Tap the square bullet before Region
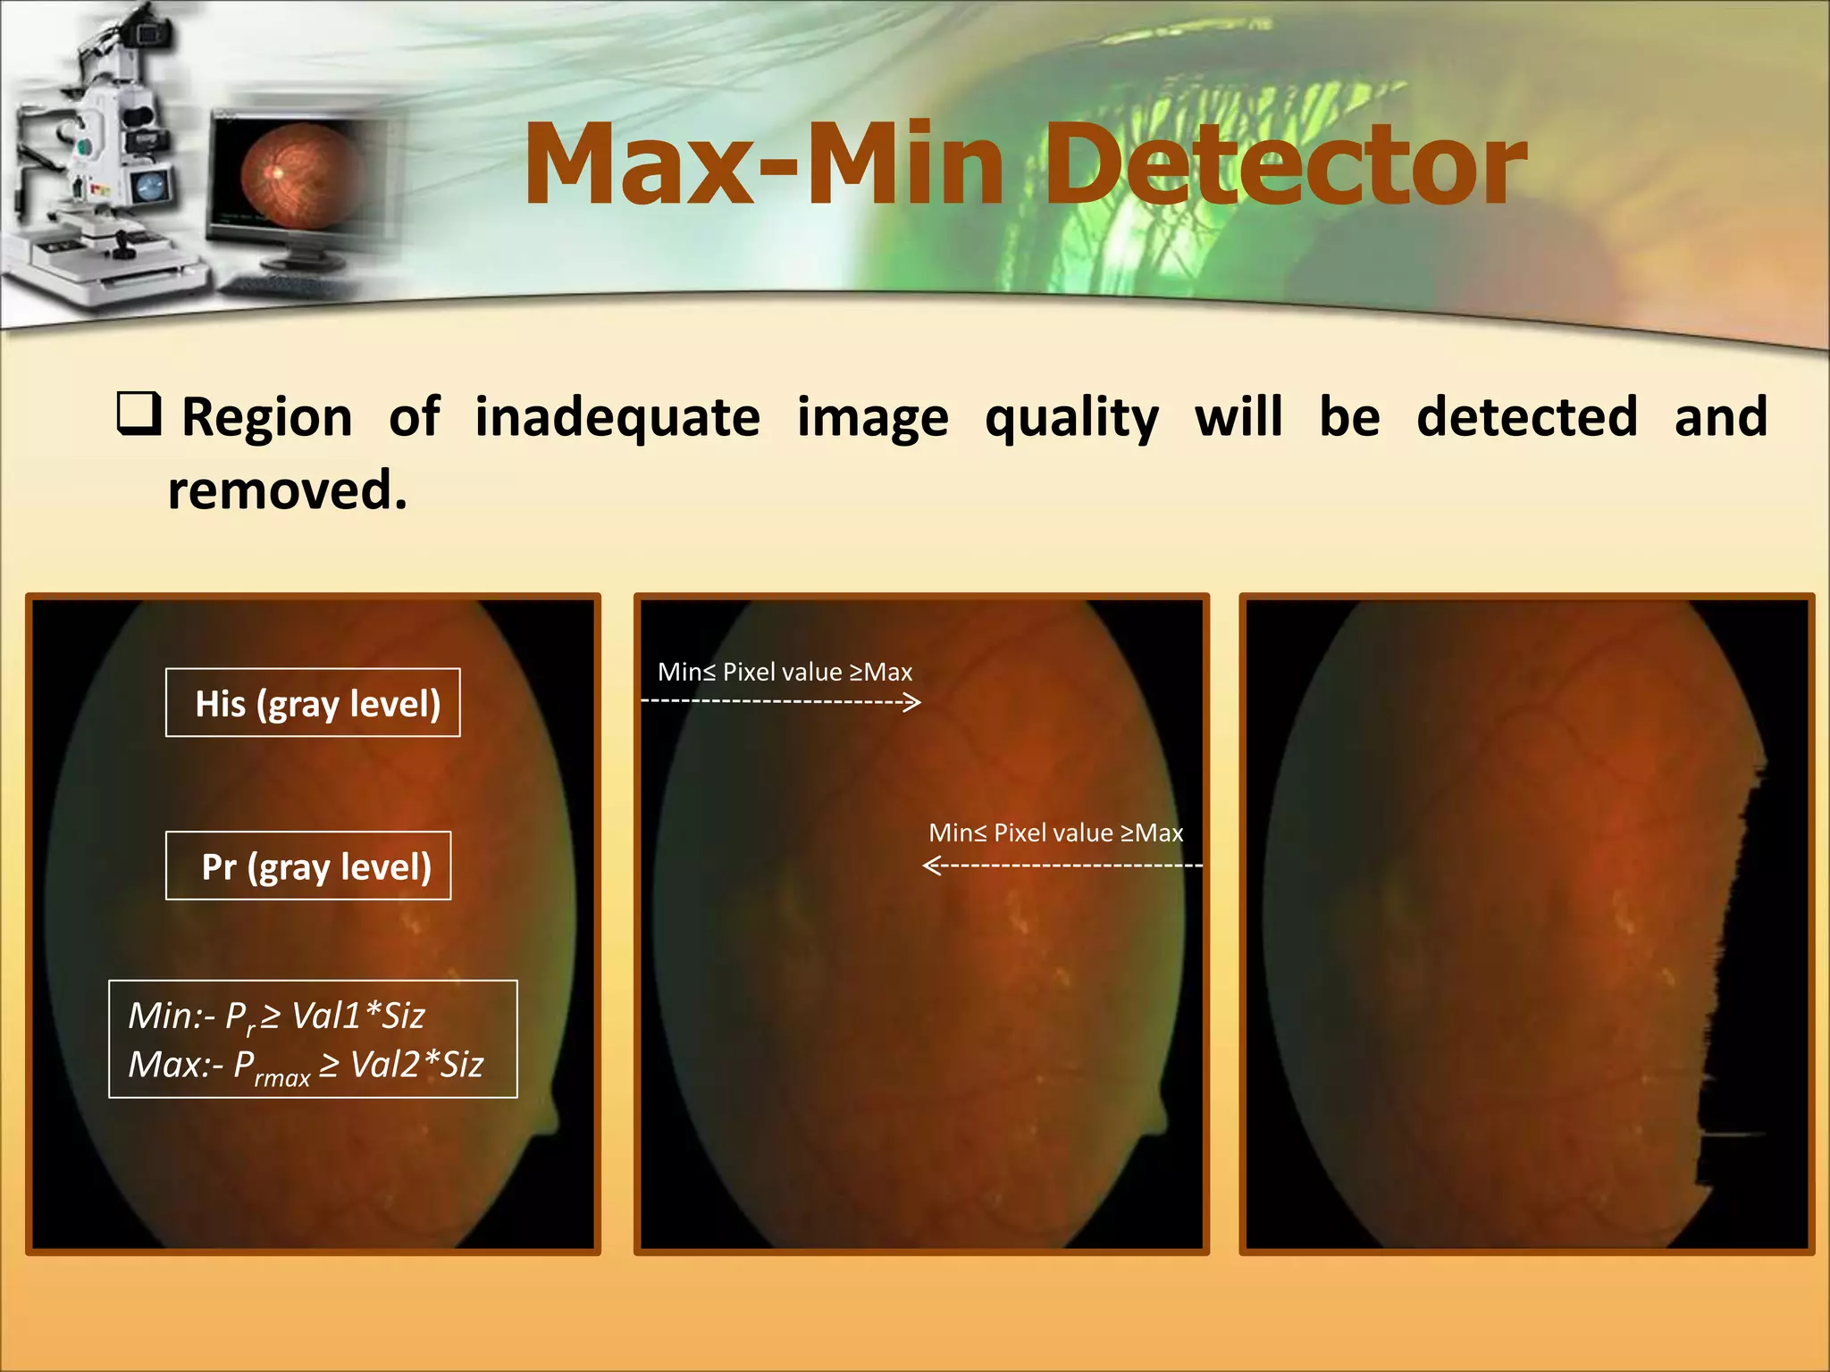click(x=139, y=414)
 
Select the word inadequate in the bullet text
click(x=617, y=418)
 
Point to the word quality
click(x=1071, y=418)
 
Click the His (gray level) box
click(x=313, y=703)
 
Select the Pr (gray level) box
click(x=308, y=866)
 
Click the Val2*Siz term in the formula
click(x=416, y=1065)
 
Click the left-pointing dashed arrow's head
click(x=931, y=866)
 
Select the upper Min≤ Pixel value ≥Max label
click(x=785, y=672)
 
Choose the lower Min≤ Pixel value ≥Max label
click(x=1055, y=832)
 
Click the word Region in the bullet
click(x=267, y=417)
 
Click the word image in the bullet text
click(x=872, y=418)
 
